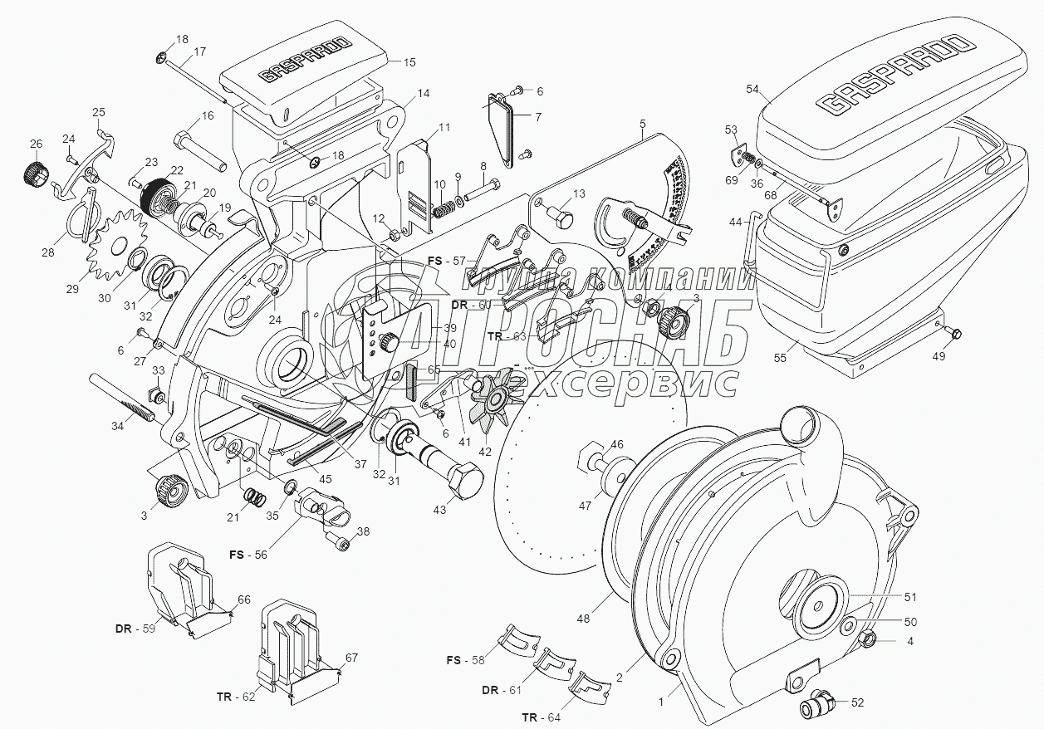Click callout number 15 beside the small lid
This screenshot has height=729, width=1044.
[x=409, y=61]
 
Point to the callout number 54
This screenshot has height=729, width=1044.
[x=752, y=88]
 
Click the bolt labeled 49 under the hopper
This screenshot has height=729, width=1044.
[x=954, y=334]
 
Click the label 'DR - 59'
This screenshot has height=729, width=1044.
[x=135, y=628]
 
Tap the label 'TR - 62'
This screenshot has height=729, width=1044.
[x=234, y=697]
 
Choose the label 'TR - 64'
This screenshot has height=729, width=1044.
[x=540, y=717]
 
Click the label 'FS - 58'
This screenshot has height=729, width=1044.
[x=463, y=660]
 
